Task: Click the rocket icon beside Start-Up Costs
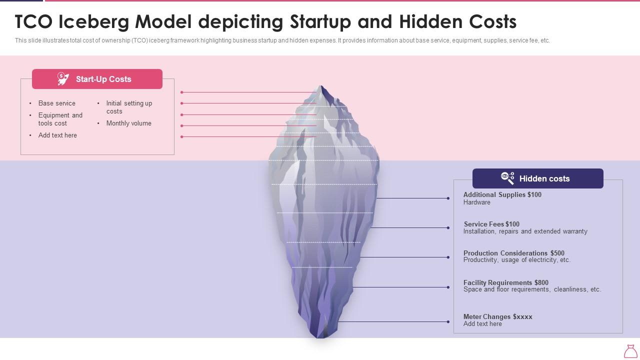pos(63,79)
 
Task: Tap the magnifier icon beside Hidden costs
pos(507,178)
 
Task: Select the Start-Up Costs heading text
pos(103,79)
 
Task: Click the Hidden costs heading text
pos(544,178)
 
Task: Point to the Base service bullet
pos(57,103)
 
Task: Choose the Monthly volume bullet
pos(128,123)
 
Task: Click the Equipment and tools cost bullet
pos(60,119)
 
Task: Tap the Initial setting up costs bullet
pos(129,107)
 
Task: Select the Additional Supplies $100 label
pos(502,195)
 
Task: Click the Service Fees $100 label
pos(491,224)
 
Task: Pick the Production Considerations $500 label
pos(513,253)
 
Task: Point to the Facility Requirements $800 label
pos(505,283)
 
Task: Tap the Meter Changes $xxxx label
pos(497,317)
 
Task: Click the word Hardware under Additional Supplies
pos(476,202)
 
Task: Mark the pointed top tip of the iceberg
pos(321,86)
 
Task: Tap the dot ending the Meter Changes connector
pos(448,322)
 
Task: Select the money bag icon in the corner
pos(630,351)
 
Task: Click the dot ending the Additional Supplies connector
pos(448,198)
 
